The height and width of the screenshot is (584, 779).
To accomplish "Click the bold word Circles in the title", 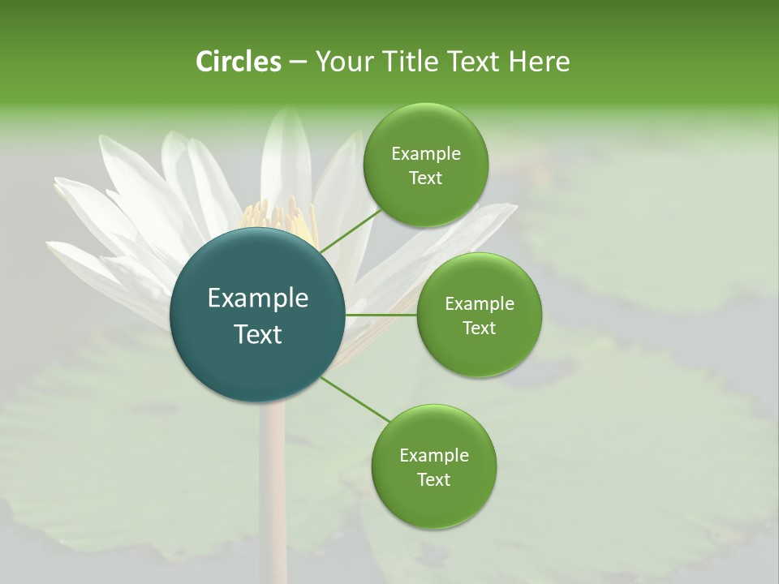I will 238,62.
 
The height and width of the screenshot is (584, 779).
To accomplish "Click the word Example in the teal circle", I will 258,298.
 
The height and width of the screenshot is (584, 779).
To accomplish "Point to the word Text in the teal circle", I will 258,334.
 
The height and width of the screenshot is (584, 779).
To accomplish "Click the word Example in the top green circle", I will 425,153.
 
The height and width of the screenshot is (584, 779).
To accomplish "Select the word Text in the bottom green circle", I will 433,479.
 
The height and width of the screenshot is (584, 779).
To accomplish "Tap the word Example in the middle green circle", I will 479,303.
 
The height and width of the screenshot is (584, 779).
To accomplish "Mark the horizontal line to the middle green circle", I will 381,315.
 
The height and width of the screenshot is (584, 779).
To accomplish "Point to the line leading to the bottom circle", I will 355,399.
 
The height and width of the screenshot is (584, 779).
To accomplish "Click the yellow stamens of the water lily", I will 276,217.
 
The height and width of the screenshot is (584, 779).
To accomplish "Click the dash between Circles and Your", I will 297,62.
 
